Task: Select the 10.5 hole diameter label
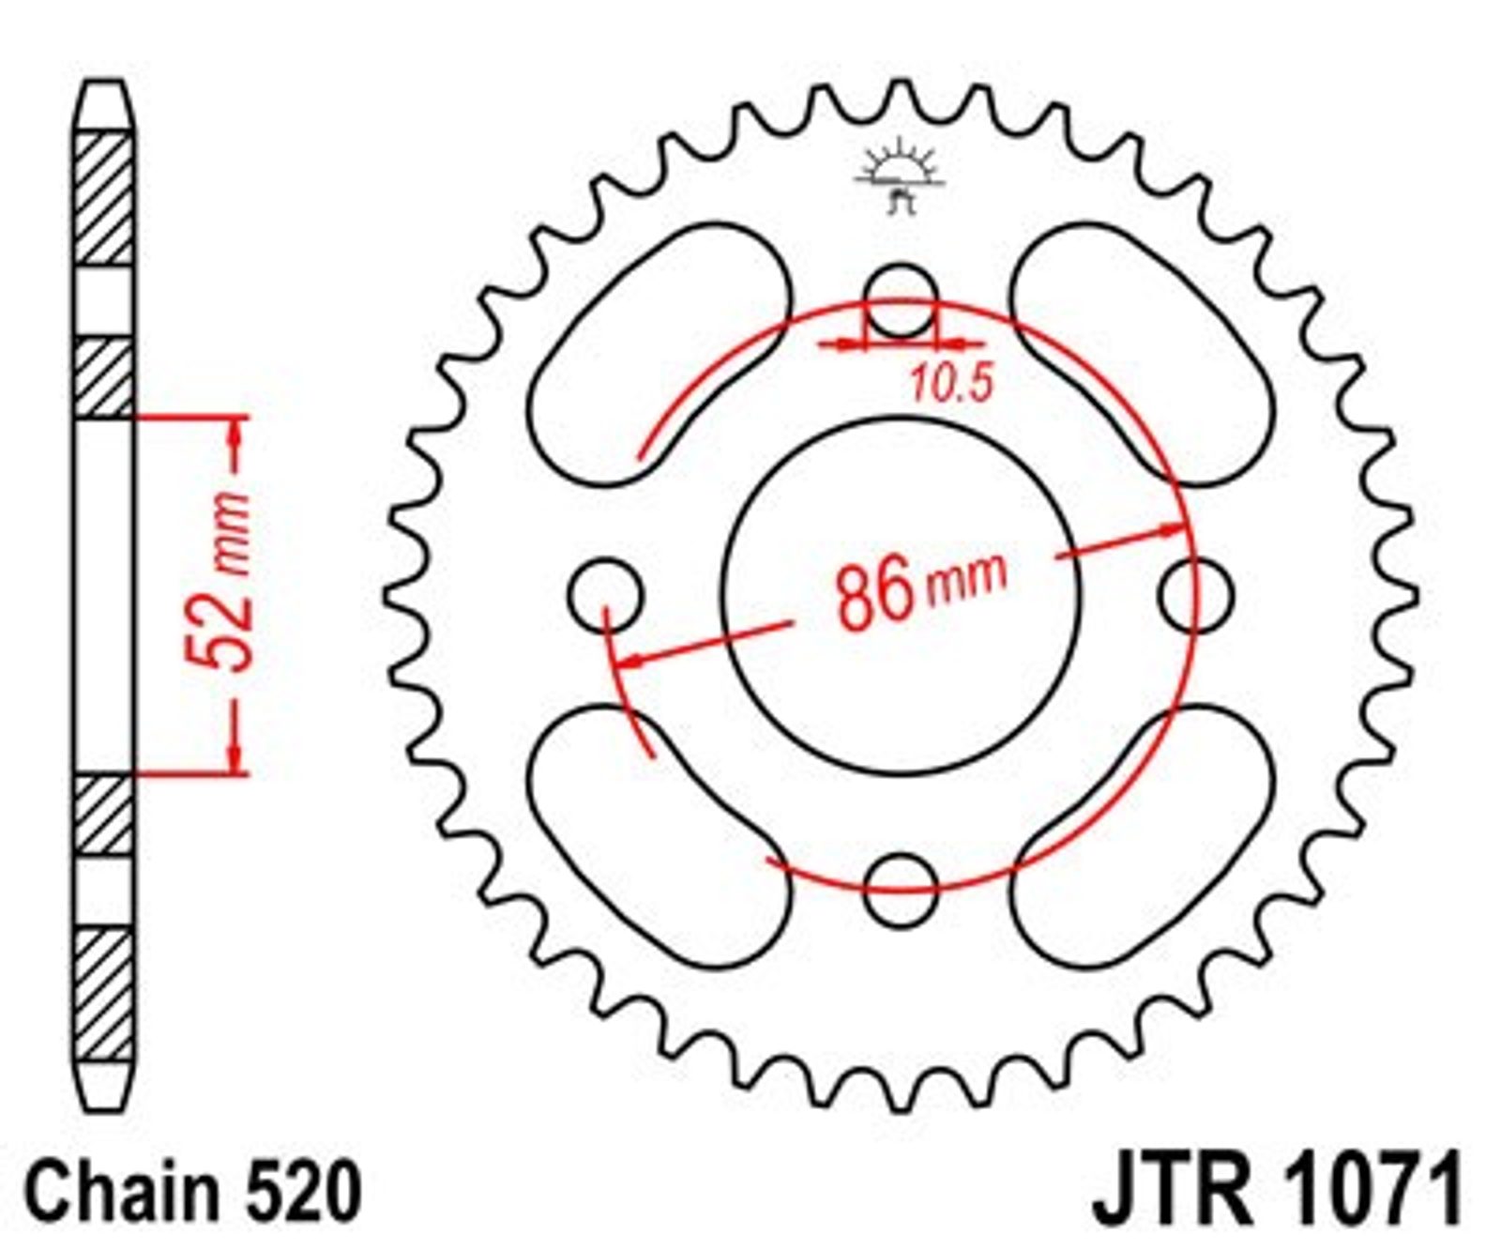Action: pos(951,384)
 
